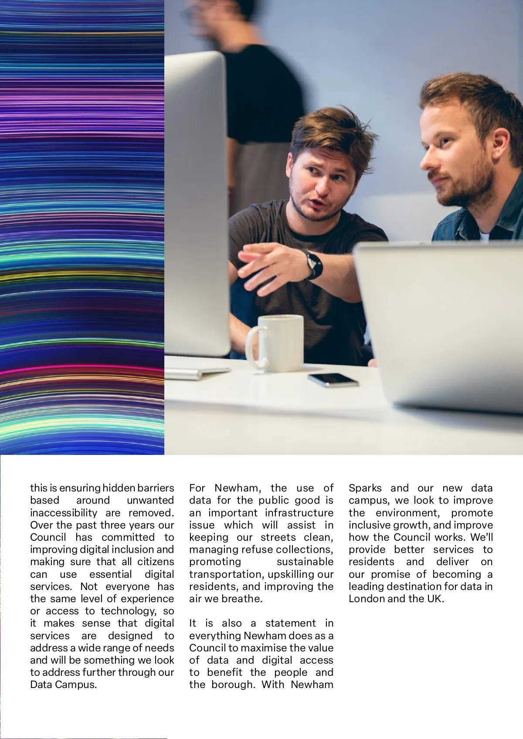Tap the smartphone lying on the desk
pos(333,380)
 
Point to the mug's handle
pos(255,347)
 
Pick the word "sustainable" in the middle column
pos(305,562)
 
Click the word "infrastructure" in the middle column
pos(299,513)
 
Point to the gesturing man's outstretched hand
pos(261,266)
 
